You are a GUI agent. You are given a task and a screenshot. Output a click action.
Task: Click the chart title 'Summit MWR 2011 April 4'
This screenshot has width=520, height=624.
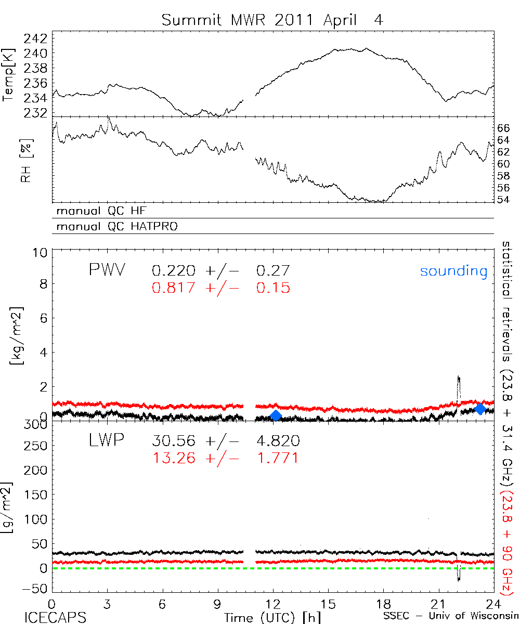click(x=272, y=20)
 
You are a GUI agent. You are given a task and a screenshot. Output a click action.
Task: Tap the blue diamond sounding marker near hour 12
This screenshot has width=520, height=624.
click(x=276, y=415)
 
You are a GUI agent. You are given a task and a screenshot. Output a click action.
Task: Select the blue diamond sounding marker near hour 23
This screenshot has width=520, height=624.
click(x=480, y=409)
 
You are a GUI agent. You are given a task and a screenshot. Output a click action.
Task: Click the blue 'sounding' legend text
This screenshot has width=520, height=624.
click(x=453, y=271)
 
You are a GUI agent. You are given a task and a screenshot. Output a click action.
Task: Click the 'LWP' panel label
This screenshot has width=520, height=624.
click(x=106, y=441)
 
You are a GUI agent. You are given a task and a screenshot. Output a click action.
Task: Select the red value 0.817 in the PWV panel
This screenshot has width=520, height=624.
click(x=174, y=288)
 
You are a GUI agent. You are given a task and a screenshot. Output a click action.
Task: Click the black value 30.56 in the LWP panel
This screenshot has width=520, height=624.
click(x=174, y=441)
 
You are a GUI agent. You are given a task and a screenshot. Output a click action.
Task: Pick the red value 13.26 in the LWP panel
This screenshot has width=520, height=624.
click(x=174, y=458)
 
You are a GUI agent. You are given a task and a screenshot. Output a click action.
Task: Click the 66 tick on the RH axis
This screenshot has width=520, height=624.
click(x=505, y=128)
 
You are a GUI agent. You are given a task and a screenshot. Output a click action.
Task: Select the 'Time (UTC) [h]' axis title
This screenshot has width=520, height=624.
click(x=265, y=617)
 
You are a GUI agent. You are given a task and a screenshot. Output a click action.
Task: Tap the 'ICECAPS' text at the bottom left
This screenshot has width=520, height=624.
click(x=48, y=617)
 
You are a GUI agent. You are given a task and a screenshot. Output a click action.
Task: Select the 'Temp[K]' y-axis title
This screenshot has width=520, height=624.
click(x=8, y=76)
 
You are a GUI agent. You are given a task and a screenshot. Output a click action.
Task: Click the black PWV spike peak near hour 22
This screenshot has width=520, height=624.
click(x=458, y=376)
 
